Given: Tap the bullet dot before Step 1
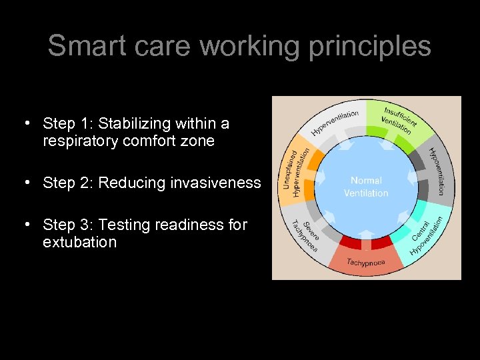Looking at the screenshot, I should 26,123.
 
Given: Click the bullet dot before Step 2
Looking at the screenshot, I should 26,183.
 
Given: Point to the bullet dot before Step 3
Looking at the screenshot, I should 26,225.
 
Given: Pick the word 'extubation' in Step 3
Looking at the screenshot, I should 79,242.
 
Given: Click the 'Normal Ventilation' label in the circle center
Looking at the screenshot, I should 365,187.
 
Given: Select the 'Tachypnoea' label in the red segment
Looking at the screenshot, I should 365,263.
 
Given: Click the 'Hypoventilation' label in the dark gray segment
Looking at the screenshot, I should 439,171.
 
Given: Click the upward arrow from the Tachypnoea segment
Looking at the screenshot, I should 365,235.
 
